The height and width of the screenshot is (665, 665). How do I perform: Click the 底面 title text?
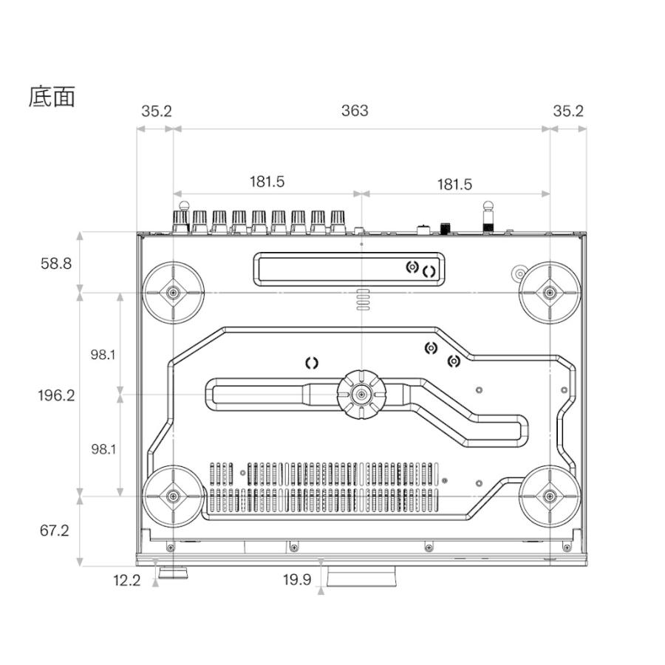52,97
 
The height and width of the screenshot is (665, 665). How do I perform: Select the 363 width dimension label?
355,111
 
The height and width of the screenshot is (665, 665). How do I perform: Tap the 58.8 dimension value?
56,263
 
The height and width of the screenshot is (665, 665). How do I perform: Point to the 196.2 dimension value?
56,395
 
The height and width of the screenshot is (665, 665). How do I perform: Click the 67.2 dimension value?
54,530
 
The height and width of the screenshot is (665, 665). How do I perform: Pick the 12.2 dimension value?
126,580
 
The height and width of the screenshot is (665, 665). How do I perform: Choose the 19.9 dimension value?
297,579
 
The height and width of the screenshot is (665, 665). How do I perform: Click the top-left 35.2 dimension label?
157,111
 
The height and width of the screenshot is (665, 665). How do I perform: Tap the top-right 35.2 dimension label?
568,111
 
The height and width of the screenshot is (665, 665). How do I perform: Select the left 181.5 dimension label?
267,182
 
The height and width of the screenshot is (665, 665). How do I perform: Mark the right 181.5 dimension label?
454,184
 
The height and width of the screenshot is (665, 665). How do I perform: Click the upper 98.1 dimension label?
103,355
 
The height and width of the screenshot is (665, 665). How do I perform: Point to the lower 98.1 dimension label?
103,449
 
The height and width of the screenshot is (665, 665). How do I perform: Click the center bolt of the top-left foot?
173,293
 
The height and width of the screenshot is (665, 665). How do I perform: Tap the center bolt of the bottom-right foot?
550,496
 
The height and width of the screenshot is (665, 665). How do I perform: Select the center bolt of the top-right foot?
550,293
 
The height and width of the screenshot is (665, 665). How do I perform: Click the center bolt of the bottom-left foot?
173,496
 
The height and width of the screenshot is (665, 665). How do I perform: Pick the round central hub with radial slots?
361,395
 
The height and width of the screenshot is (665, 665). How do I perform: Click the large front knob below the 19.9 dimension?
361,576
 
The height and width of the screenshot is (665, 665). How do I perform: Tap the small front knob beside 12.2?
173,573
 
